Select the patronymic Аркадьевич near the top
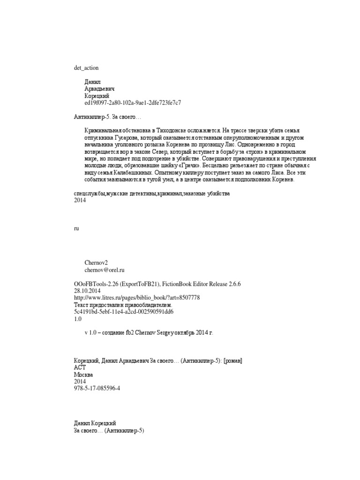coord(100,89)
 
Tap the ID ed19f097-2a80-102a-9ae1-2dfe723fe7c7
coord(133,102)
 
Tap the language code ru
coord(76,228)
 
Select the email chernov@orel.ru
coord(105,270)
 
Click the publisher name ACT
coord(80,367)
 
